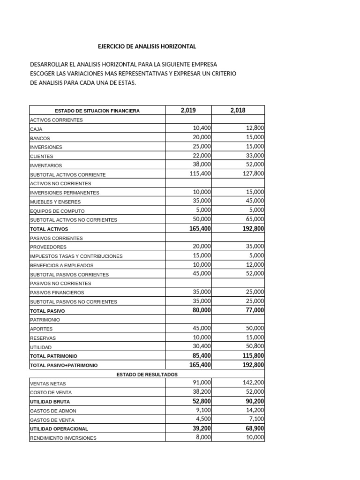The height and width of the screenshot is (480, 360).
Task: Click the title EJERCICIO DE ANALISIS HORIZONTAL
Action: tap(147, 46)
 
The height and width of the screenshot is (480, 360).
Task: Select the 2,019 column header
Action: tap(188, 111)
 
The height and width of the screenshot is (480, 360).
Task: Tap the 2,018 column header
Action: tap(238, 111)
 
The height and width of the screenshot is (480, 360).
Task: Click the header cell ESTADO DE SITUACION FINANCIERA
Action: tap(97, 111)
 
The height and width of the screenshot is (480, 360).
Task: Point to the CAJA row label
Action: tap(36, 129)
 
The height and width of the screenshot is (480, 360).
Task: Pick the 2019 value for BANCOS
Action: tap(202, 137)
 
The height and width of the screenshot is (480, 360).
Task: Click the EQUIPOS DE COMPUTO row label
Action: tap(57, 211)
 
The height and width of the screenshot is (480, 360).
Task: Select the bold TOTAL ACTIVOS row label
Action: tap(49, 229)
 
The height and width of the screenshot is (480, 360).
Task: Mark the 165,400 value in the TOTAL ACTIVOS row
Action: tap(199, 229)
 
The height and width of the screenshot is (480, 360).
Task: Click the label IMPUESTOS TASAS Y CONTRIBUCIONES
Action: tap(76, 256)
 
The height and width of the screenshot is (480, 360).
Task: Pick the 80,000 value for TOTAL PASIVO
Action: tap(202, 310)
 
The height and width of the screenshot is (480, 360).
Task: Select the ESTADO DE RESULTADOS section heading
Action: tap(147, 375)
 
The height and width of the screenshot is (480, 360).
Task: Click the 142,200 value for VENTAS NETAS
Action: tap(253, 382)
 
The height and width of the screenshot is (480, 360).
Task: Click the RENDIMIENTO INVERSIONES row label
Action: tap(63, 438)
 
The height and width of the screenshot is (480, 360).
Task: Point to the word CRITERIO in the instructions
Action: tap(223, 74)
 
